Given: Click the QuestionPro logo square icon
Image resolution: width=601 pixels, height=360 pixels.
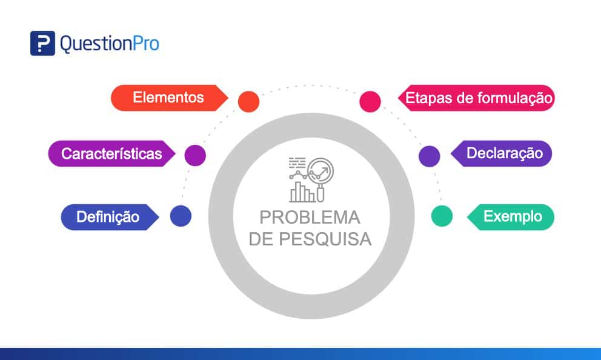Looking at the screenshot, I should click(x=42, y=43).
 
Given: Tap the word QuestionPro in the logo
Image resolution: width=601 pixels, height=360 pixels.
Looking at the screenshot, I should click(x=109, y=44).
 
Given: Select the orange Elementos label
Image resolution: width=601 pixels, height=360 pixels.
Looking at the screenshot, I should click(x=168, y=98).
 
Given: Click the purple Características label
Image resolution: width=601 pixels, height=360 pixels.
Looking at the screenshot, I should click(x=111, y=153).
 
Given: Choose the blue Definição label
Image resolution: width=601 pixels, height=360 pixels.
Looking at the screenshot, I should click(x=108, y=216).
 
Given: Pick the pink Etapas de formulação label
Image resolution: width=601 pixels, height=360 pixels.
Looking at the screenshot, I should click(x=477, y=98).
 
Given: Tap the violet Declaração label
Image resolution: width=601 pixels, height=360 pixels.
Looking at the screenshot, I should click(x=503, y=153).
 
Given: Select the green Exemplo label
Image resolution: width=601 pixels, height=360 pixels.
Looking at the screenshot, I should click(x=512, y=216).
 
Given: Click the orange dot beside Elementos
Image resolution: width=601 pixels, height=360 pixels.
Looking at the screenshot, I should click(x=248, y=101).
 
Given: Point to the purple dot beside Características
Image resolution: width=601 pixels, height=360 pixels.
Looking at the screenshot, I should click(x=195, y=155).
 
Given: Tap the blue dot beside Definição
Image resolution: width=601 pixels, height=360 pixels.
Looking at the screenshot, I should click(x=181, y=216).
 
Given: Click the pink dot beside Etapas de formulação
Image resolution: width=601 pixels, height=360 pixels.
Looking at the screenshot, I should click(x=370, y=101).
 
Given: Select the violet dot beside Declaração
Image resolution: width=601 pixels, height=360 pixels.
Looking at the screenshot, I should click(x=430, y=156).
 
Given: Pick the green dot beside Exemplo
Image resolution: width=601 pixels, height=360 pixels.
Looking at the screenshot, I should click(x=442, y=216).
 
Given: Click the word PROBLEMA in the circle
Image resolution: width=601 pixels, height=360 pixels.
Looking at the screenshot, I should click(x=310, y=218).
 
